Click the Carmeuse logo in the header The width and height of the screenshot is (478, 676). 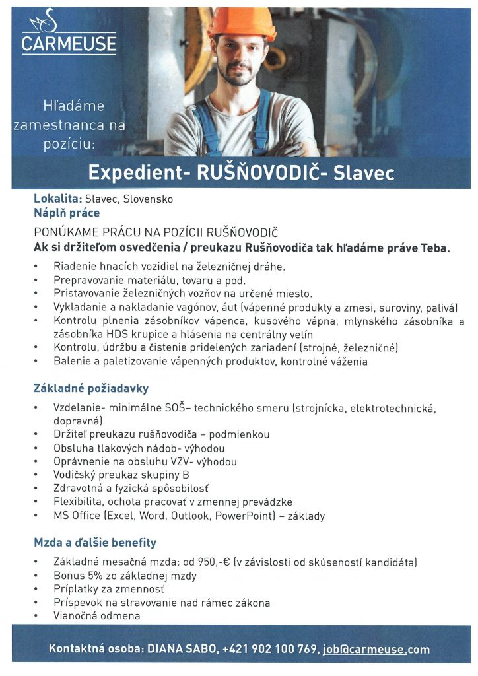[69, 34]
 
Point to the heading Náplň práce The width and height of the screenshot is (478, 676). [67, 213]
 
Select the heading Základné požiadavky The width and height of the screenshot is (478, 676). [91, 388]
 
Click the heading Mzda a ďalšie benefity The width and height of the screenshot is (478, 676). [95, 543]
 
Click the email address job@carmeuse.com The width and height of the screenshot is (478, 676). [376, 649]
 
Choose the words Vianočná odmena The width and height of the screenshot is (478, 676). [96, 616]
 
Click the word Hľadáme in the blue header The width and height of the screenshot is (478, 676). [73, 106]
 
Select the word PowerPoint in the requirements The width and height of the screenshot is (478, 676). [244, 516]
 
